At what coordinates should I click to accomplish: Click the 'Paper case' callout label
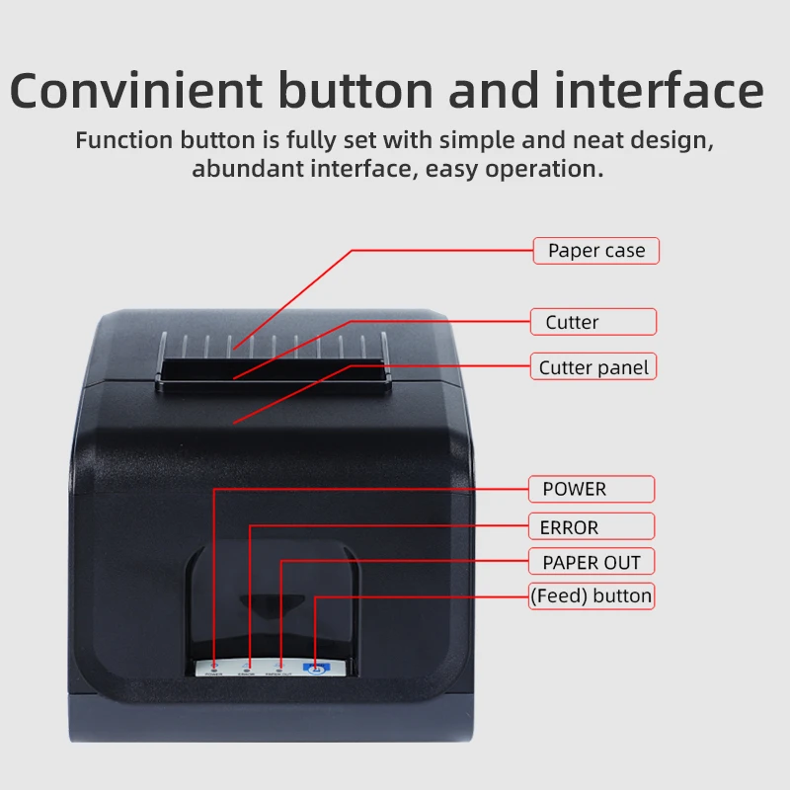tap(596, 251)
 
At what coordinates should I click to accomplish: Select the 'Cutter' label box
tap(592, 322)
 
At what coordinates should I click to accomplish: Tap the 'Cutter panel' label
tap(593, 367)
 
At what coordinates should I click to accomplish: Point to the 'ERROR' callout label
tap(592, 527)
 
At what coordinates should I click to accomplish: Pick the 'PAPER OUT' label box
tap(592, 563)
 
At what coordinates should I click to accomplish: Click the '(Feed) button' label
tap(592, 595)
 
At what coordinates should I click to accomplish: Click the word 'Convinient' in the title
tap(137, 91)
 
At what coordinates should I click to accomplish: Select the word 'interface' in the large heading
tap(659, 91)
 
